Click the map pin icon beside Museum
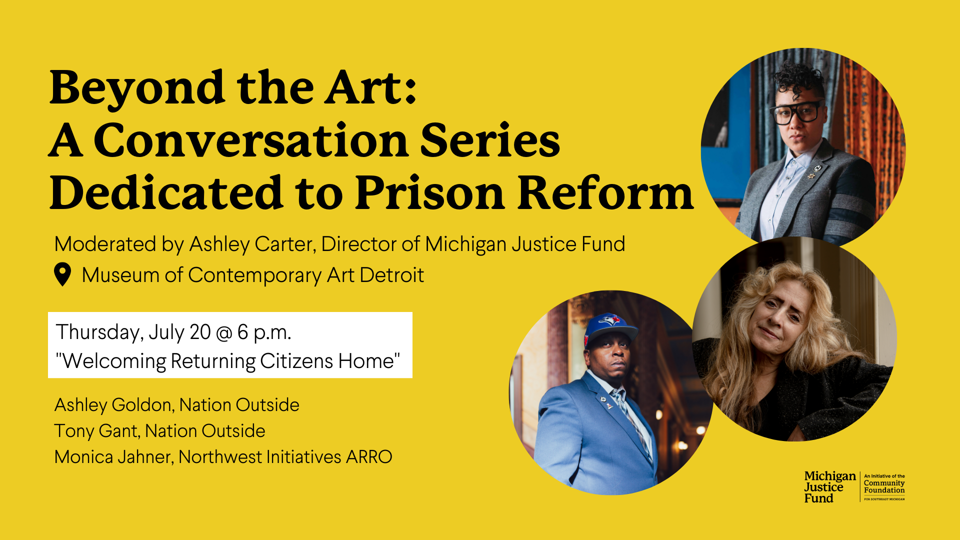62,274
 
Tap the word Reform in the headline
605,193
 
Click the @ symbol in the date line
224,332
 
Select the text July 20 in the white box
179,332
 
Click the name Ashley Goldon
113,405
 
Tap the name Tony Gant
96,431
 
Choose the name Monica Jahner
113,457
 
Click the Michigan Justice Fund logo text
830,487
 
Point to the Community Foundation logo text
884,486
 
